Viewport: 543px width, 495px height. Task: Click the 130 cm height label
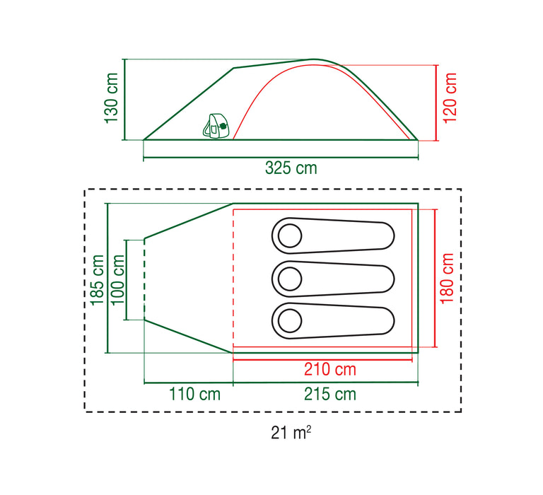(112, 98)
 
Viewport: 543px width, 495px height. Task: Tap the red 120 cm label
(450, 98)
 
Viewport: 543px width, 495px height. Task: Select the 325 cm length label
(291, 168)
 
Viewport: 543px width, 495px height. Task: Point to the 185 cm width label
(98, 280)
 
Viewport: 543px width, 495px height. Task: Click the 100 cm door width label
(118, 279)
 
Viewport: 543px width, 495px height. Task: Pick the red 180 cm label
(447, 279)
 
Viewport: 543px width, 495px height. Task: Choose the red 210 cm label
(330, 369)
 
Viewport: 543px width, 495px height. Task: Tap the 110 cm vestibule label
(194, 394)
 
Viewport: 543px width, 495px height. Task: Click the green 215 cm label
(330, 394)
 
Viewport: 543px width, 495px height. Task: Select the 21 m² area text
(291, 433)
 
